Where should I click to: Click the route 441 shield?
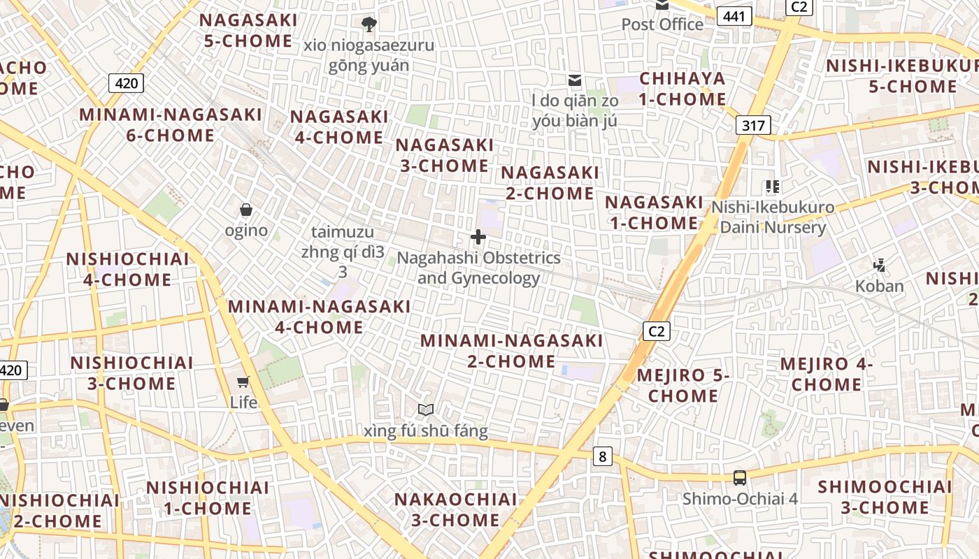734,15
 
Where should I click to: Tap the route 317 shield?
753,125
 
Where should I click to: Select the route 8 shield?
602,457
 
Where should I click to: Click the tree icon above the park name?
369,25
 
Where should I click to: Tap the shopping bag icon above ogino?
246,210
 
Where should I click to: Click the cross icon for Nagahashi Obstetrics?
478,238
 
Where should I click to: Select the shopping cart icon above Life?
243,382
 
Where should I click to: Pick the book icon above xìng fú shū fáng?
426,409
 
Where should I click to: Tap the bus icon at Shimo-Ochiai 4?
740,478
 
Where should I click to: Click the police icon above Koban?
880,266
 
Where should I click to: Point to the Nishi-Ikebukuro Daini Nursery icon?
773,187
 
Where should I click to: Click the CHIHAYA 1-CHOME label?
683,89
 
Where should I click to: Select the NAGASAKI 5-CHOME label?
248,31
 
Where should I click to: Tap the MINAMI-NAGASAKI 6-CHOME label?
171,125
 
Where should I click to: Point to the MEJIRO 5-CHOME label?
683,386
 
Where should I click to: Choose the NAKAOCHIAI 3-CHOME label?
456,510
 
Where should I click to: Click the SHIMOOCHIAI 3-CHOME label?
885,497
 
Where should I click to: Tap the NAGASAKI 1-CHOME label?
654,212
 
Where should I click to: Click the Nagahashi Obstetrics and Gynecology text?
479,268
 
